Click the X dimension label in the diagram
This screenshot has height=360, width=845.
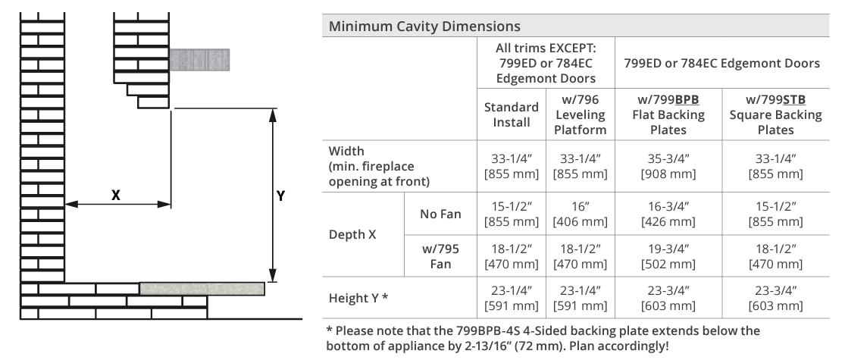(x=116, y=195)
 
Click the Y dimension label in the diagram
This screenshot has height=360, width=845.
(x=280, y=196)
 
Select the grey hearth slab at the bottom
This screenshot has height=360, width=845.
(x=202, y=289)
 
